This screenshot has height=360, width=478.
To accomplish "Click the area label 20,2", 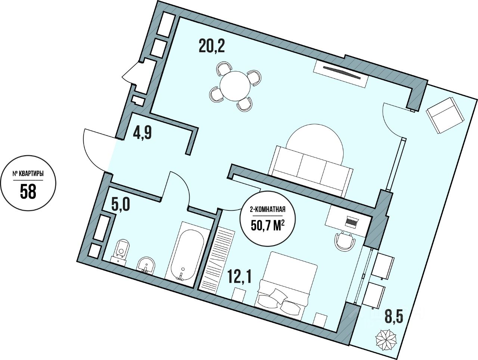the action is (211, 47).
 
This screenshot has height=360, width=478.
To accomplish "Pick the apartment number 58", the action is (28, 191).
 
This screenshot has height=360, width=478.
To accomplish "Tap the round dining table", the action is (235, 86).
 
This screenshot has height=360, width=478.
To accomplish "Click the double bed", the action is (286, 279).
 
